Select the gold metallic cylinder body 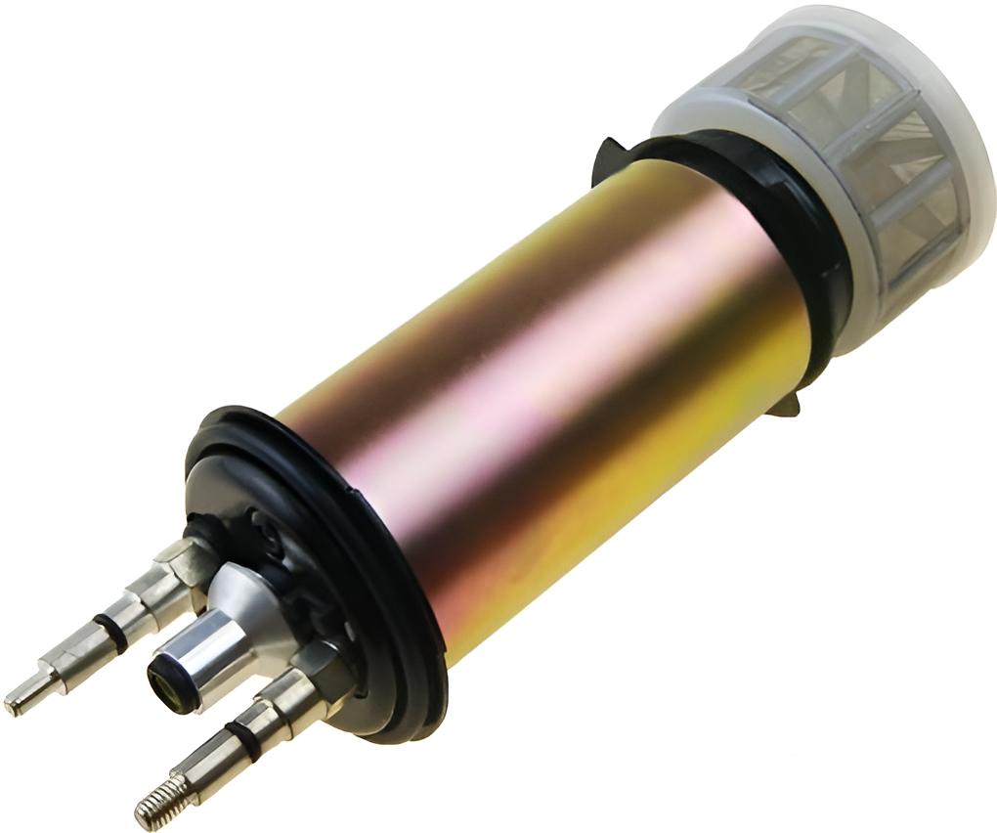pyautogui.click(x=547, y=391)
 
